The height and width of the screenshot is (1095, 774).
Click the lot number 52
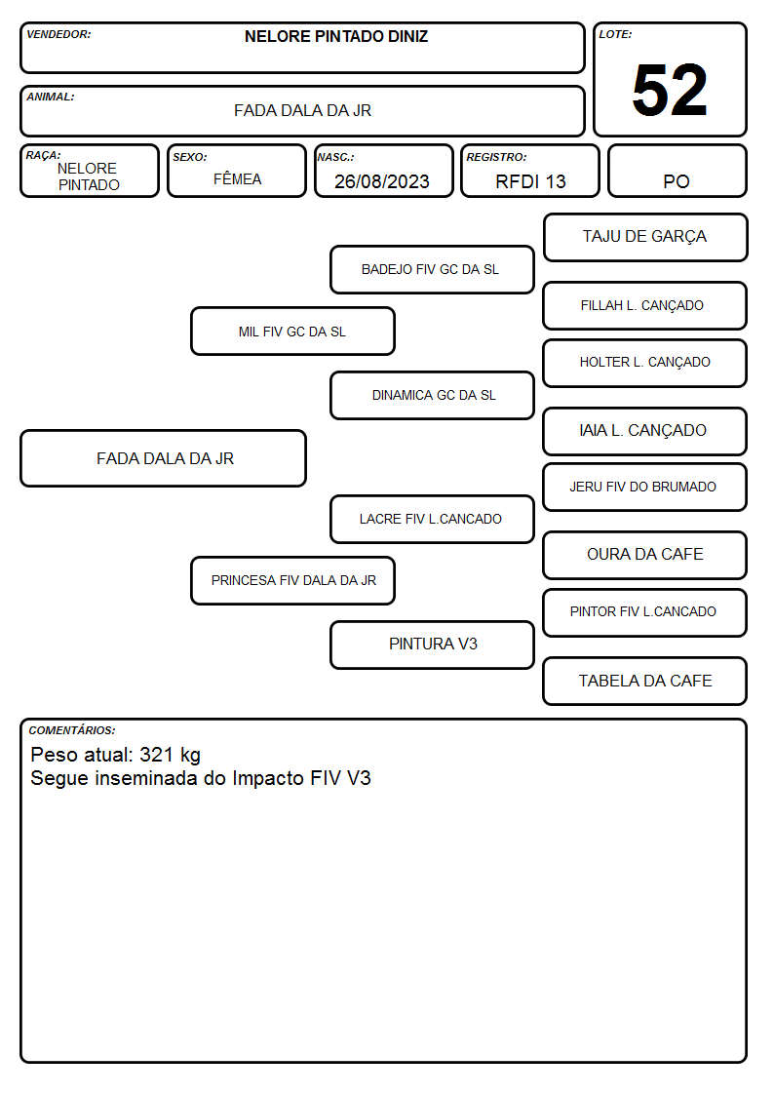[x=670, y=90]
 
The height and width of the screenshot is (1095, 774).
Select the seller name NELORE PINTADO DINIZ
[x=336, y=36]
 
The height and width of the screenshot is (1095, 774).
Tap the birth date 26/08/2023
[x=382, y=181]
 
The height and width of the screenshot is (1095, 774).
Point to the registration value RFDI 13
[x=530, y=181]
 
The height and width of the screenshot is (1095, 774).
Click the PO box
[x=677, y=171]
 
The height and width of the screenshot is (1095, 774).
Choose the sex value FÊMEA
[x=237, y=178]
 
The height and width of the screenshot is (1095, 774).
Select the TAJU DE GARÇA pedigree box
[x=645, y=238]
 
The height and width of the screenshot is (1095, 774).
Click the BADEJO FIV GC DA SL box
[x=432, y=269]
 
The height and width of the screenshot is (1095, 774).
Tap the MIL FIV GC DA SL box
[x=292, y=331]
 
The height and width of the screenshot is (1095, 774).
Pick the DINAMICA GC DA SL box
[x=432, y=395]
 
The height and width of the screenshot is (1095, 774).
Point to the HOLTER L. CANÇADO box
[x=645, y=363]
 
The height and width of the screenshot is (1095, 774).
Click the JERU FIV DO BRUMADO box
[x=645, y=487]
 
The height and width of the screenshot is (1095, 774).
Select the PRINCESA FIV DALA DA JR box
[x=292, y=580]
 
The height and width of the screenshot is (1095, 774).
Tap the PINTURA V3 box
[x=432, y=645]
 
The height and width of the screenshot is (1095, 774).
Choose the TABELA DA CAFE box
[x=645, y=681]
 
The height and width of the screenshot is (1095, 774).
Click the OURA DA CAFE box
[x=645, y=555]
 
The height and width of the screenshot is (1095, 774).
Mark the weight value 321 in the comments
[x=156, y=754]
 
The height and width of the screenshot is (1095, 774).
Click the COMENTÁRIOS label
[x=72, y=730]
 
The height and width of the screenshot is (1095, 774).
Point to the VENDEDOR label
[x=58, y=34]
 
